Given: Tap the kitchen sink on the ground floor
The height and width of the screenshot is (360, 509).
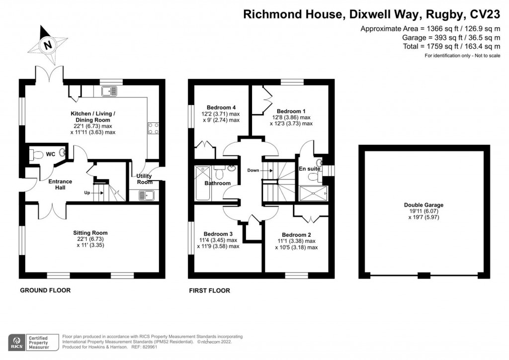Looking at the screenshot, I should pyautogui.click(x=108, y=91).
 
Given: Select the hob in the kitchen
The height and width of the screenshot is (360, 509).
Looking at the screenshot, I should pyautogui.click(x=153, y=128).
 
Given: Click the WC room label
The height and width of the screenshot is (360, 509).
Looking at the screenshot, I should pyautogui.click(x=51, y=155).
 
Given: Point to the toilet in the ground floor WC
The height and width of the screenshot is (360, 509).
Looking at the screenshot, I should pyautogui.click(x=35, y=155).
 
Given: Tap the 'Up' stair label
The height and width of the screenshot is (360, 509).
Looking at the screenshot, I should pyautogui.click(x=87, y=192).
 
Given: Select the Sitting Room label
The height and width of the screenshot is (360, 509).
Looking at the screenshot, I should pyautogui.click(x=90, y=233).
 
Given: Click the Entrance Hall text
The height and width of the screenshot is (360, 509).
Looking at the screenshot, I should pyautogui.click(x=60, y=184).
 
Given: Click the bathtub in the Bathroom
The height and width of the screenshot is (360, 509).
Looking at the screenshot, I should pyautogui.click(x=203, y=183).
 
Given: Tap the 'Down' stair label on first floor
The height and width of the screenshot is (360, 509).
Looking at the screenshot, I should pyautogui.click(x=253, y=170).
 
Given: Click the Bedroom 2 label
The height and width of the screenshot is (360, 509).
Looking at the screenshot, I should pyautogui.click(x=296, y=235).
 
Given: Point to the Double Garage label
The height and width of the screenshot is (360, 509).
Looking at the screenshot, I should pyautogui.click(x=424, y=205).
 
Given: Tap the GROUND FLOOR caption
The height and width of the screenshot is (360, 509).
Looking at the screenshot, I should pyautogui.click(x=45, y=290).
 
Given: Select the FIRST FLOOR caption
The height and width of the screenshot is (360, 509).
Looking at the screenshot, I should pyautogui.click(x=209, y=290).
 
